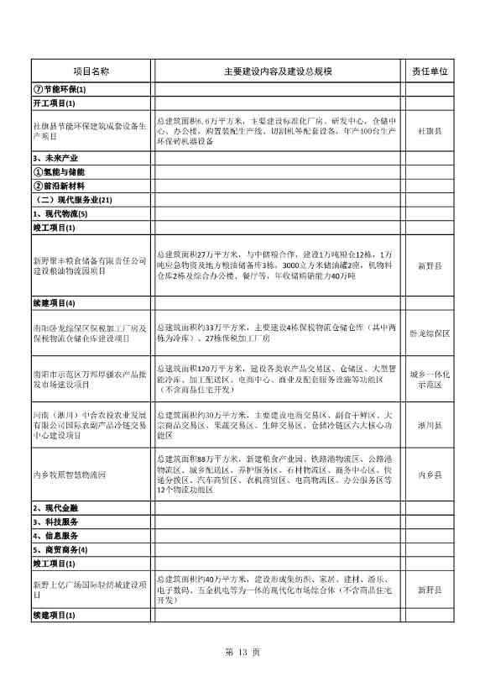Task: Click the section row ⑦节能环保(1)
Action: [x=60, y=90]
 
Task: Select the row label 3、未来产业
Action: [x=56, y=158]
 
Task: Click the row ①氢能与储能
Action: [x=59, y=171]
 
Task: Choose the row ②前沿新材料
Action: [x=59, y=185]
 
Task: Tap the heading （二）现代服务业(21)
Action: [x=70, y=199]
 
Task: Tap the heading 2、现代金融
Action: [x=55, y=508]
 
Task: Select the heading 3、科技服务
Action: [x=55, y=522]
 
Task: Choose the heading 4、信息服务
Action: [x=55, y=535]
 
